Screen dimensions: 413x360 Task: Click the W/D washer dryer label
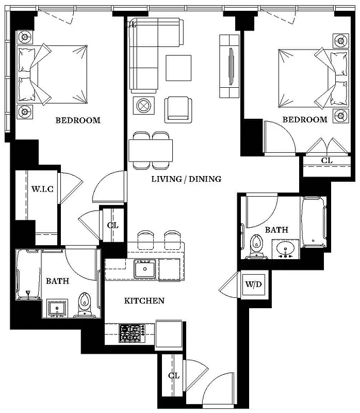pyautogui.click(x=253, y=284)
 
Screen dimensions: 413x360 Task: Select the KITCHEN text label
pyautogui.click(x=144, y=300)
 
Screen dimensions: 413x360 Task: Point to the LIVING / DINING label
pyautogui.click(x=186, y=179)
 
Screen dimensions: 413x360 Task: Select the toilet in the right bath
pyautogui.click(x=255, y=246)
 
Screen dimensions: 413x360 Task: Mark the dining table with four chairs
pyautogui.click(x=151, y=150)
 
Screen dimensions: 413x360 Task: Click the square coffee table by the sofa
pyautogui.click(x=178, y=68)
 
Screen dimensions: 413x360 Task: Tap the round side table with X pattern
pyautogui.click(x=142, y=106)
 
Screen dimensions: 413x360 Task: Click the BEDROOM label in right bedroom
pyautogui.click(x=304, y=119)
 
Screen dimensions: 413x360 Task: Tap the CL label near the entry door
pyautogui.click(x=174, y=375)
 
